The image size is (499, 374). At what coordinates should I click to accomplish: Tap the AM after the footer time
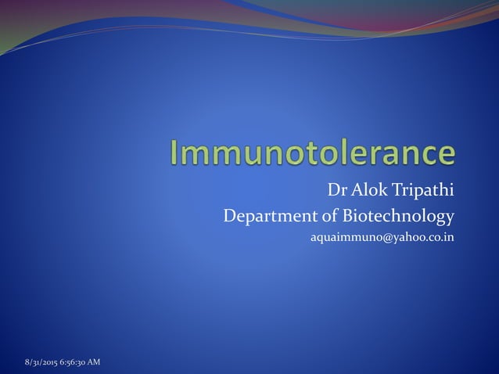93,361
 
